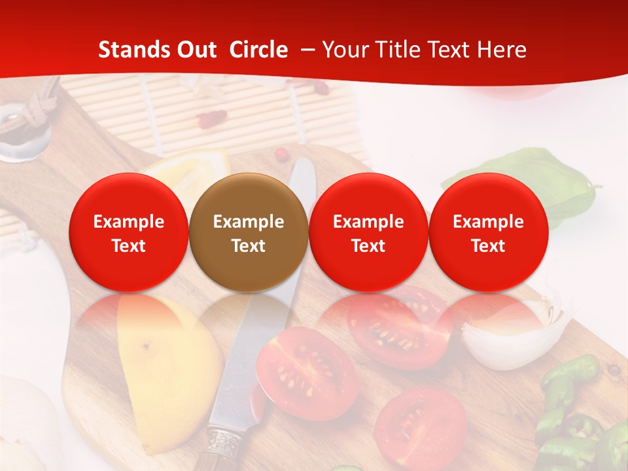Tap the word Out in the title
pos(194,50)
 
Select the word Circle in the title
pos(258,50)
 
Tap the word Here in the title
pos(502,50)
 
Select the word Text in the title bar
pos(448,50)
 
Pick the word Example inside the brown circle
pos(249,222)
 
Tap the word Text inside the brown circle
pos(249,246)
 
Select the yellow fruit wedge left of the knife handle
pos(164,379)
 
